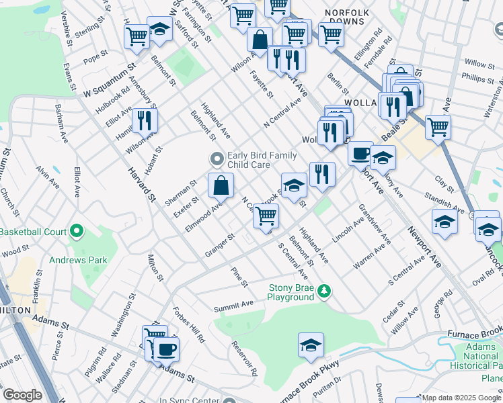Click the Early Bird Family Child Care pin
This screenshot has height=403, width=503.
[x=216, y=159]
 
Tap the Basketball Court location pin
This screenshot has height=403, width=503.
[x=76, y=232]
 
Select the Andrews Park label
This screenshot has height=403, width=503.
[x=78, y=259]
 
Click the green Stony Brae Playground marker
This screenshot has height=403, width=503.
[x=325, y=290]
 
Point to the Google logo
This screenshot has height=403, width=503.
[x=22, y=395]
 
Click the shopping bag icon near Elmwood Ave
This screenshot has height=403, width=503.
[x=221, y=185]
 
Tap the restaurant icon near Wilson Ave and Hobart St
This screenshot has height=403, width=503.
[x=145, y=121]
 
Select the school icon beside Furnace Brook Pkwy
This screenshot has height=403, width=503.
[x=311, y=345]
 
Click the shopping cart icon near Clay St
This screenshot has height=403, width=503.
[x=438, y=126]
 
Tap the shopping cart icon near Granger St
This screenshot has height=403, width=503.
[x=266, y=216]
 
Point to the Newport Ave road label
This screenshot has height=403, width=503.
[x=424, y=247]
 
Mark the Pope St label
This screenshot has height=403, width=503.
[x=91, y=60]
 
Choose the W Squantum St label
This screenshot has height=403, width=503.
[x=110, y=81]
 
